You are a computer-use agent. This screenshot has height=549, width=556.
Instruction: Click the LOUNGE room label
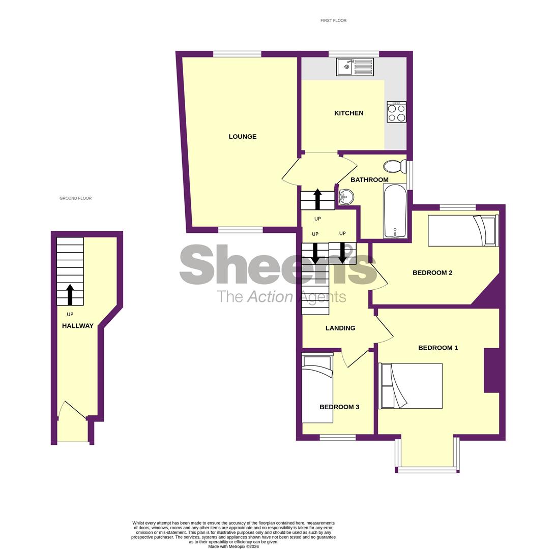242,137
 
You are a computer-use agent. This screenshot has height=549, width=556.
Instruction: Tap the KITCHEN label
348,113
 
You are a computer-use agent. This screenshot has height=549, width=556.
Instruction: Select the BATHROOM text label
369,180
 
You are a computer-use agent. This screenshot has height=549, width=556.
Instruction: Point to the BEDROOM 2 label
432,273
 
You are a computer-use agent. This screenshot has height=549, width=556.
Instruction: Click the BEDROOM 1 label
437,348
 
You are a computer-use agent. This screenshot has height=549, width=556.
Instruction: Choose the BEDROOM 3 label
339,407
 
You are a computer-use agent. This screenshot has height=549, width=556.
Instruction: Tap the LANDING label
340,328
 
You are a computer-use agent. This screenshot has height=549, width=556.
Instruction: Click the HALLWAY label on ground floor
77,326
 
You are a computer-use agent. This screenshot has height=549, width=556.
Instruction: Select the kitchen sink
355,67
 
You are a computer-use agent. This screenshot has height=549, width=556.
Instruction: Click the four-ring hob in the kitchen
396,112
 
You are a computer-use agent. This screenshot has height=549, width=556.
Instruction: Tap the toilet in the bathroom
395,166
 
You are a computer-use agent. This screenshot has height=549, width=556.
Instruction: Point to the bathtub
395,210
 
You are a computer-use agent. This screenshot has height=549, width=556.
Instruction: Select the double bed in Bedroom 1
411,386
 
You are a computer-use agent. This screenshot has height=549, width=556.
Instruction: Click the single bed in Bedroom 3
317,389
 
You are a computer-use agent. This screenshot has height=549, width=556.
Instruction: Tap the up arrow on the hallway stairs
70,294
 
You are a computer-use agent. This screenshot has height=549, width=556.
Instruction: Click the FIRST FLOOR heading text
333,21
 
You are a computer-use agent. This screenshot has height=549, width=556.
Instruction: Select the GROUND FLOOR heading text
75,198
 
